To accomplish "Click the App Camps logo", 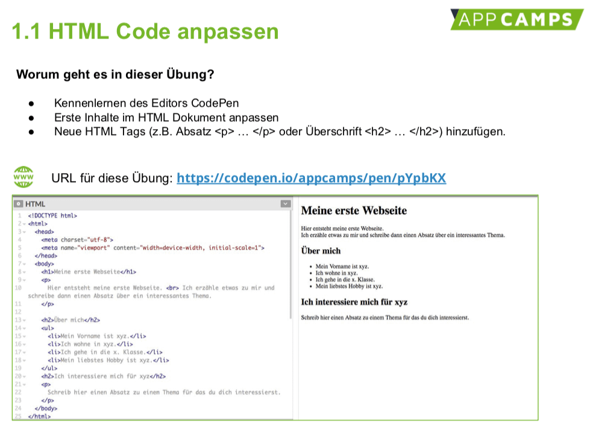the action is (517, 19).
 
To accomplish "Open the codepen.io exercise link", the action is (311, 178).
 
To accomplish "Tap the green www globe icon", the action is (23, 177).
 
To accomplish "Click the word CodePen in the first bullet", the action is (215, 103).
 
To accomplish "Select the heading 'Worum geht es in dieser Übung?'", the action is (115, 74).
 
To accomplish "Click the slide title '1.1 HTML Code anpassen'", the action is (145, 31).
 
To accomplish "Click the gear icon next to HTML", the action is (19, 204).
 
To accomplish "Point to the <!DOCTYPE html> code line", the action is (52, 216).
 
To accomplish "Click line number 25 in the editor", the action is (18, 416).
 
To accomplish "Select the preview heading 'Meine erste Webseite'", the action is (354, 210).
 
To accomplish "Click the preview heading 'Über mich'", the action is (321, 251).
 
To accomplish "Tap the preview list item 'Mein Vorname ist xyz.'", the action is (342, 267).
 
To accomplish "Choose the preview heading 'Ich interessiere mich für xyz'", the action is (354, 302).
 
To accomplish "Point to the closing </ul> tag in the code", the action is (49, 368).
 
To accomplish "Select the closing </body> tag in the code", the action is (46, 408).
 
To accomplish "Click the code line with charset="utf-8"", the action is (77, 240).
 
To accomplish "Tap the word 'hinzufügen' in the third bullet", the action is (475, 131).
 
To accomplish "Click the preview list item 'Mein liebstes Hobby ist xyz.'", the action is (349, 286).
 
